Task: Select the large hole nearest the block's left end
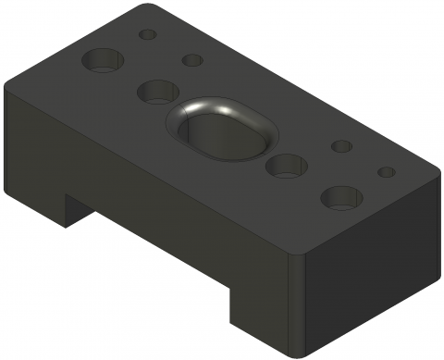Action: tap(103, 62)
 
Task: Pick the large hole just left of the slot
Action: tap(157, 91)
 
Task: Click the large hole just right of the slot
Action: tap(286, 166)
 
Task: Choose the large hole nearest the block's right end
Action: tap(341, 196)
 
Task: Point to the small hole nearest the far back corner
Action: tap(147, 34)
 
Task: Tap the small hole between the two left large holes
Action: tap(192, 60)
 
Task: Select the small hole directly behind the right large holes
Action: tap(341, 146)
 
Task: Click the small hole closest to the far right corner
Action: tap(387, 172)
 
